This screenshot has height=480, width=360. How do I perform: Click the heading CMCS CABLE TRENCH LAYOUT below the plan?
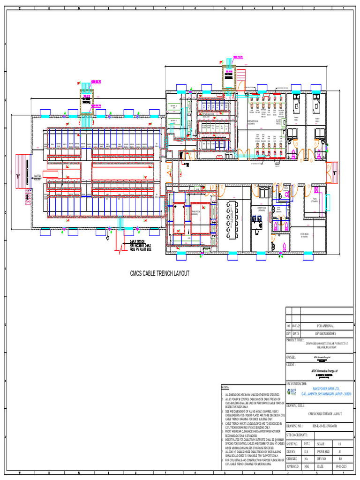point(159,273)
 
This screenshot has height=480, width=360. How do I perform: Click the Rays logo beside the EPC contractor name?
point(293,391)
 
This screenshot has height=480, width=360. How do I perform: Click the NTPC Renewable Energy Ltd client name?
point(319,370)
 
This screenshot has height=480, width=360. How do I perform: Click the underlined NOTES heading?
point(225,387)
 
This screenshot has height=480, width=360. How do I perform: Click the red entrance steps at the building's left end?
point(21,172)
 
